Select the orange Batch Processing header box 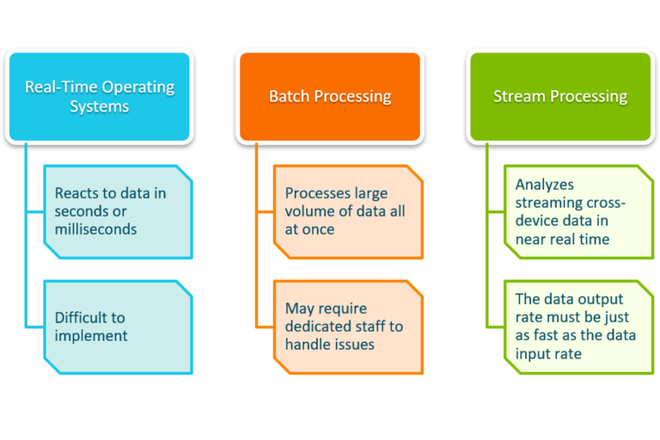pos(330,96)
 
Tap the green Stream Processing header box pos(560,96)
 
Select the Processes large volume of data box pos(348,211)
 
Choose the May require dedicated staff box pos(348,327)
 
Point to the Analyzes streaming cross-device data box pos(571,211)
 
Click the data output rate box pos(571,327)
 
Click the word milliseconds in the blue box pos(95,229)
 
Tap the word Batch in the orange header pos(290,96)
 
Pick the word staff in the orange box pos(384,327)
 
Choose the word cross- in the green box pos(603,203)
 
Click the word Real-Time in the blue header pos(61,87)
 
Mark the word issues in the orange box pos(352,345)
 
